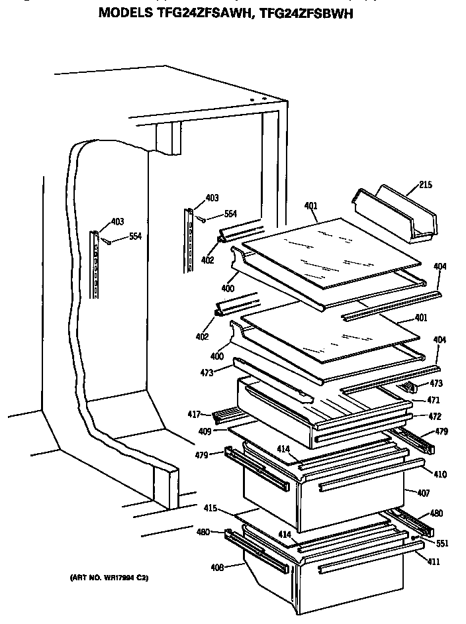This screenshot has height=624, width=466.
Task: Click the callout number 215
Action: tap(425, 185)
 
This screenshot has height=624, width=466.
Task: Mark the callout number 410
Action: tap(440, 474)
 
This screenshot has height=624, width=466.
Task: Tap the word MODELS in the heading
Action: tap(126, 13)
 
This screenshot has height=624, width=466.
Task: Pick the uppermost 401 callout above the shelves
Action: tap(311, 205)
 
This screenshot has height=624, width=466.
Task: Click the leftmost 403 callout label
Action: tap(117, 221)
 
